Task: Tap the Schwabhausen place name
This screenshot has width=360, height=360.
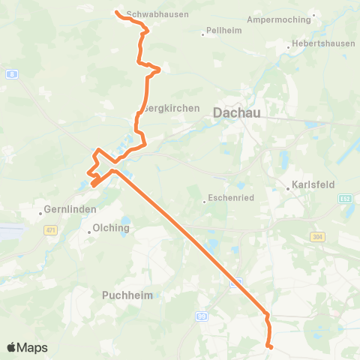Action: tap(157, 14)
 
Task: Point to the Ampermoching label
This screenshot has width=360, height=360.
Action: tap(278, 19)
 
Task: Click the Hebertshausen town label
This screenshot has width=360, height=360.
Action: tap(325, 43)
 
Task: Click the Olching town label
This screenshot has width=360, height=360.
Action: tap(111, 227)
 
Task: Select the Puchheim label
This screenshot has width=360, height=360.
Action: tap(127, 295)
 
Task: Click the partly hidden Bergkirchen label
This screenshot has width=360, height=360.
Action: tap(172, 108)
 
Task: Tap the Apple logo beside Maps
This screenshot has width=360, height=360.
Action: tap(12, 347)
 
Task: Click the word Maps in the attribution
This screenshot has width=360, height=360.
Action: tap(34, 348)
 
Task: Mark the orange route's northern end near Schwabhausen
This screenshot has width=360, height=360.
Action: tap(116, 11)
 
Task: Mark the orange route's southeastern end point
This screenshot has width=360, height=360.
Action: tap(270, 346)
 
